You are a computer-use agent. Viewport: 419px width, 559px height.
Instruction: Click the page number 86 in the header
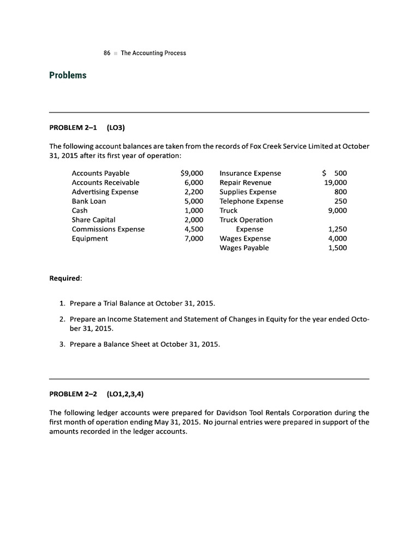click(107, 53)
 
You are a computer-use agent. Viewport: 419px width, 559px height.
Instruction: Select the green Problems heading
click(68, 75)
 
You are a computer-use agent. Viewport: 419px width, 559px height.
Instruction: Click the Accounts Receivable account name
click(105, 182)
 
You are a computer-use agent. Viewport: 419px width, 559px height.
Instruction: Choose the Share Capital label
click(93, 219)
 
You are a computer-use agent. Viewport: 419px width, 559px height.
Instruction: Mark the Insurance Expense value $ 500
click(335, 173)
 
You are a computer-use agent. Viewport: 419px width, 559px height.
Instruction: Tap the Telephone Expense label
click(251, 201)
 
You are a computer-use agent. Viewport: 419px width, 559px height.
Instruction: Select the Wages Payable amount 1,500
click(337, 248)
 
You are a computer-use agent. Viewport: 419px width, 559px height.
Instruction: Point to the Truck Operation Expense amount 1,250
click(337, 229)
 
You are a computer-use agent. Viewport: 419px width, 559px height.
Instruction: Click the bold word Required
click(65, 278)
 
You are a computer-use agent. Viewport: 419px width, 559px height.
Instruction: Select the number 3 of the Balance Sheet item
click(62, 344)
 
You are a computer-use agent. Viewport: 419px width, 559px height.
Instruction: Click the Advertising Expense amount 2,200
click(194, 192)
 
